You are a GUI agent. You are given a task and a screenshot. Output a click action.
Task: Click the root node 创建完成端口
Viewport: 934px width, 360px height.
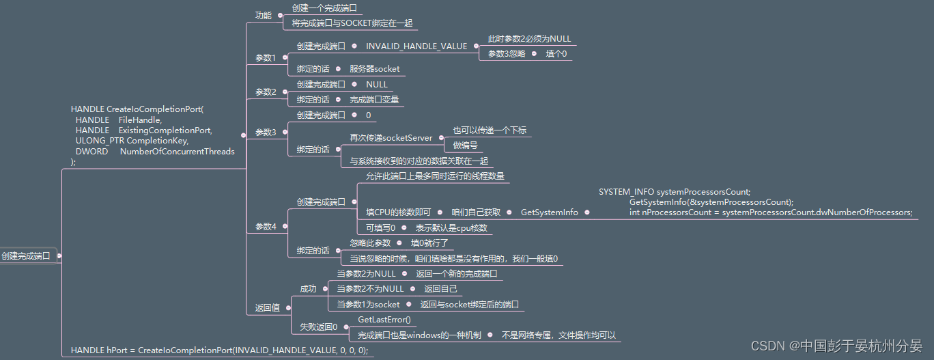tap(26, 256)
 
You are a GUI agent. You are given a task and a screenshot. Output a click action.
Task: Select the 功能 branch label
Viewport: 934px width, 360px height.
tap(263, 15)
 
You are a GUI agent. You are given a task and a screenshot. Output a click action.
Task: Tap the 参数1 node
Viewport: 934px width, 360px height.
tap(266, 58)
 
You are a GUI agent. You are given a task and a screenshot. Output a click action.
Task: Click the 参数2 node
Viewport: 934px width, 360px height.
tap(266, 92)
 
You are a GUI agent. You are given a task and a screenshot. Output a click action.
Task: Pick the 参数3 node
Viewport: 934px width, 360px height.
tap(266, 133)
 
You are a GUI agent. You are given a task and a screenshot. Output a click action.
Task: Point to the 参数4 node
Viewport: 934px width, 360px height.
tap(266, 227)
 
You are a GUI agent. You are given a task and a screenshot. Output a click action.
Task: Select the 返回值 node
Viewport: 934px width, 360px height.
tap(268, 308)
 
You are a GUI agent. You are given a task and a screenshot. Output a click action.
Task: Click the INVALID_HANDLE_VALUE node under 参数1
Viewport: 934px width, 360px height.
tap(416, 46)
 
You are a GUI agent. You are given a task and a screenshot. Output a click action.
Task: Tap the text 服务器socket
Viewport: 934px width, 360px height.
tap(375, 69)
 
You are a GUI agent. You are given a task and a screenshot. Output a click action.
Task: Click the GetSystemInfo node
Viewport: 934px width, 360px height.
tap(549, 212)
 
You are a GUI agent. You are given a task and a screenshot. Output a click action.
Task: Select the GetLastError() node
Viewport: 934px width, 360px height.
tap(384, 320)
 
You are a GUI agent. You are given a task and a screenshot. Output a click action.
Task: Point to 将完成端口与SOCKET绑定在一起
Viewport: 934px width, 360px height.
tap(352, 23)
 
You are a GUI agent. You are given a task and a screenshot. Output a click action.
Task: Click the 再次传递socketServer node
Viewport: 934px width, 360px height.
tap(391, 138)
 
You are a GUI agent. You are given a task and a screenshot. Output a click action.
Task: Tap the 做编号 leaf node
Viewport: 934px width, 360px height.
tap(465, 146)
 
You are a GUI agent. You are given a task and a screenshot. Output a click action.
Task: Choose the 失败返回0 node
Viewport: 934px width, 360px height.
tap(319, 327)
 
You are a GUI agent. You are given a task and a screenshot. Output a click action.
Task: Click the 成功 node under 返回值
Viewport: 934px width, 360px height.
tap(308, 289)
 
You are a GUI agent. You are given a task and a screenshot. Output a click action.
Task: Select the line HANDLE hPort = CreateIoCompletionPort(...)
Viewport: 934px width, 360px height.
tap(219, 350)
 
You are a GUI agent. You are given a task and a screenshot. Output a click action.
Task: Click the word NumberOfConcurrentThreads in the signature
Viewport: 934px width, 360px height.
tap(177, 152)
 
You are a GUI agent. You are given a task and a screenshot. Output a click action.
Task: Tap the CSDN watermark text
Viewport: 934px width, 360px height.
tap(836, 346)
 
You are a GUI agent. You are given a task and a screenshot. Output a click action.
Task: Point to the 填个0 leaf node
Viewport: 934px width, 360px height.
tap(556, 54)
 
